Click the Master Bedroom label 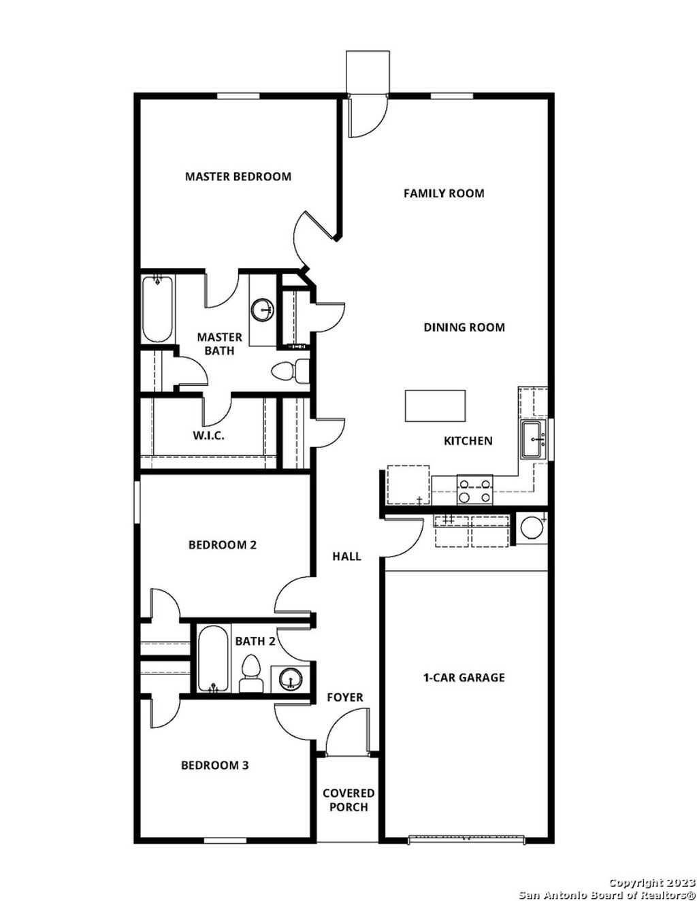(x=238, y=176)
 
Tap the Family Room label (x=444, y=193)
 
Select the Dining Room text (x=464, y=327)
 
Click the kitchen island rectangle (x=435, y=406)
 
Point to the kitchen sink (x=533, y=440)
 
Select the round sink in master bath (x=262, y=310)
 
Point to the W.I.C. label (x=208, y=436)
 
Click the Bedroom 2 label (x=222, y=545)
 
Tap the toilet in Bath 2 (x=251, y=673)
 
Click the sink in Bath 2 (x=291, y=679)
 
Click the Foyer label (x=345, y=698)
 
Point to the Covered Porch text (x=348, y=800)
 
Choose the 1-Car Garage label (x=464, y=678)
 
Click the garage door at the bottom (x=467, y=838)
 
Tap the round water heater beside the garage (x=532, y=527)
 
